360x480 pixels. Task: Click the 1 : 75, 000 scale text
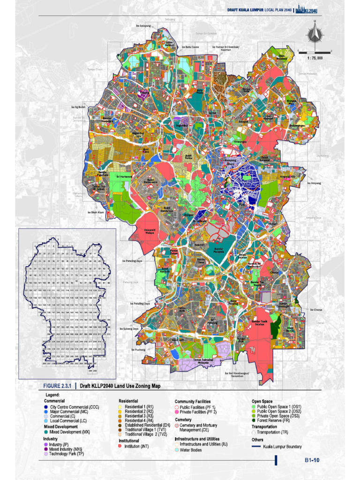pos(314,58)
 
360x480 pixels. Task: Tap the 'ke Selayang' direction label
pos(143,26)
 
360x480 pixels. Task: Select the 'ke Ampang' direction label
pos(314,183)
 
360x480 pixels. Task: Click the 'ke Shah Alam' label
pos(95,212)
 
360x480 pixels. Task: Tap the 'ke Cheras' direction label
pos(316,309)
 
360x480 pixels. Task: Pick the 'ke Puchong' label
pos(139,350)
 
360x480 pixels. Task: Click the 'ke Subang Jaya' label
pos(129,329)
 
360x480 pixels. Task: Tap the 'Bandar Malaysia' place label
pos(216,249)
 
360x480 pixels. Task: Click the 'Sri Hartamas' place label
pos(124,177)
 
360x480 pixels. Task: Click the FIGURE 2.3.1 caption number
pos(57,386)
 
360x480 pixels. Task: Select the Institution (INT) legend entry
pos(136,446)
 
